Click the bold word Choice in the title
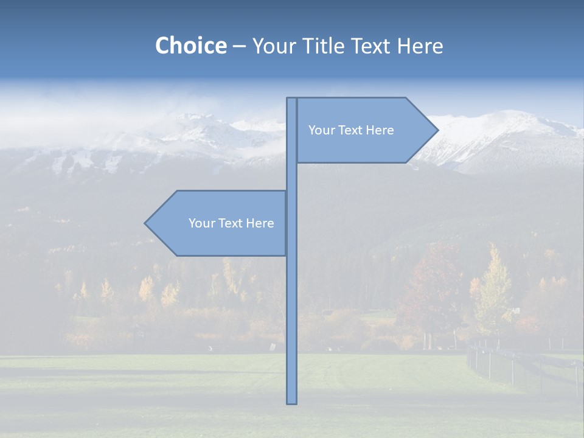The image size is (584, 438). click(x=190, y=46)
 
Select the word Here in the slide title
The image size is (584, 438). click(x=420, y=46)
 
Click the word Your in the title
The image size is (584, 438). click(x=274, y=46)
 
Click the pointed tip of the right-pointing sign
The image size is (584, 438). click(x=437, y=130)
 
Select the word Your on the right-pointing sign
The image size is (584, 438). click(x=321, y=130)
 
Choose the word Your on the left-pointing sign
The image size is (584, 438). click(x=201, y=223)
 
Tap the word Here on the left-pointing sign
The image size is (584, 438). click(x=260, y=223)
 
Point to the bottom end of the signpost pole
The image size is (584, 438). click(x=291, y=401)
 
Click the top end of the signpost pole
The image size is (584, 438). click(x=291, y=99)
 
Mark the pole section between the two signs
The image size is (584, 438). click(x=291, y=176)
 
